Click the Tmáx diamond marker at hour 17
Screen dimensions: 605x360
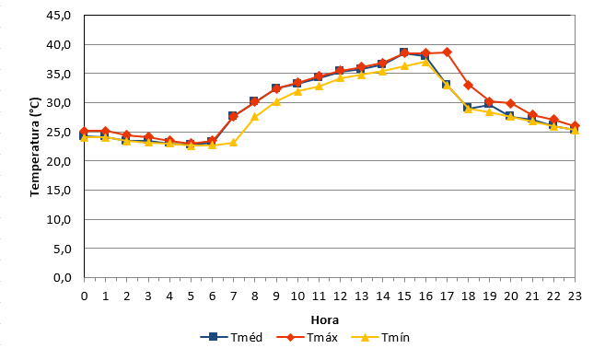tap(448, 52)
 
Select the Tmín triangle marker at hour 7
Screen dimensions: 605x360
tap(233, 143)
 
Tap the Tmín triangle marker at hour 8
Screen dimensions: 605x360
tap(255, 117)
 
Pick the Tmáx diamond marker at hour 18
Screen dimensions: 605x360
tap(469, 85)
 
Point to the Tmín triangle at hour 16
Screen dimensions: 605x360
tap(425, 62)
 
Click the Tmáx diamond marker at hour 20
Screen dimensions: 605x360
tap(511, 103)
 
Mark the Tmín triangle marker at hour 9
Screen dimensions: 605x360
tap(276, 101)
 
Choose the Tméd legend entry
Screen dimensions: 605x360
tap(231, 337)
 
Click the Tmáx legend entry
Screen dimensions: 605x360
tap(308, 337)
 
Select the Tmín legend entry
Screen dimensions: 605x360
tap(380, 337)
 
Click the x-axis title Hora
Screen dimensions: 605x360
tap(325, 319)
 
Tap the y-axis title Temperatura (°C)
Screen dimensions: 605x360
tap(35, 146)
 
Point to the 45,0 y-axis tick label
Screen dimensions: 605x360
tap(59, 16)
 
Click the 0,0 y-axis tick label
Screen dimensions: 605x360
tap(62, 277)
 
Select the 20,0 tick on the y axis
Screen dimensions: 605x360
tap(59, 161)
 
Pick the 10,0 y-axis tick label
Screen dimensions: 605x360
tap(59, 219)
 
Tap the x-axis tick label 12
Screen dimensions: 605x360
tap(340, 296)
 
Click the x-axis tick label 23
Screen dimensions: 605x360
tap(575, 296)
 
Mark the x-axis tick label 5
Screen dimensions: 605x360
tap(191, 296)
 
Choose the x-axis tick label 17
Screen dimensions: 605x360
tap(447, 296)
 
